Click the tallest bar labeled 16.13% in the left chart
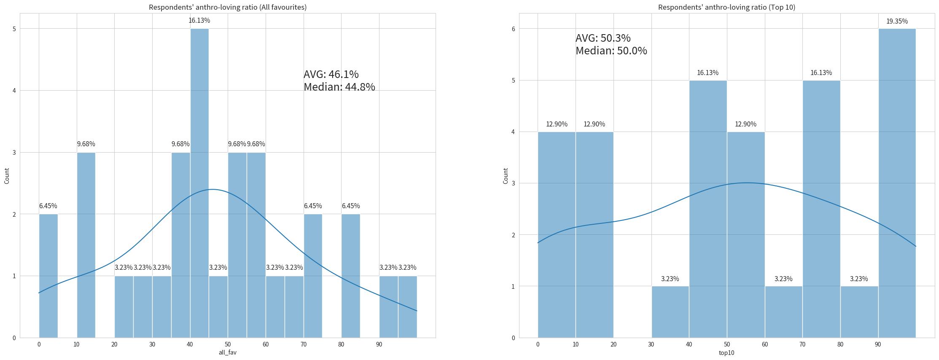(x=199, y=181)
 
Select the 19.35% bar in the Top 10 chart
(x=897, y=181)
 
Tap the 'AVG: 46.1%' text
(x=331, y=74)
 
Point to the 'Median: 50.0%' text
(x=611, y=51)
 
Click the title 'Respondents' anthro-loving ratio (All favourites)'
(x=228, y=7)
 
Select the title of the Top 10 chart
(x=726, y=7)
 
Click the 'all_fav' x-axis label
(x=227, y=352)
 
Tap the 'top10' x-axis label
(x=726, y=352)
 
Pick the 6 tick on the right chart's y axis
(x=514, y=29)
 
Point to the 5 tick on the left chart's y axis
(x=14, y=29)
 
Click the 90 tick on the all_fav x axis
(x=379, y=344)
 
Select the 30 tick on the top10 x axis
(x=651, y=344)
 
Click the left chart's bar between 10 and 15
(x=86, y=244)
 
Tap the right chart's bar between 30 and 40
(x=670, y=312)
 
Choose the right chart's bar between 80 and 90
(x=859, y=312)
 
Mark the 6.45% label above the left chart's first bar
(x=48, y=206)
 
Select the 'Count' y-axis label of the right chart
(x=505, y=176)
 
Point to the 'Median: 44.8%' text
(x=339, y=87)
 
